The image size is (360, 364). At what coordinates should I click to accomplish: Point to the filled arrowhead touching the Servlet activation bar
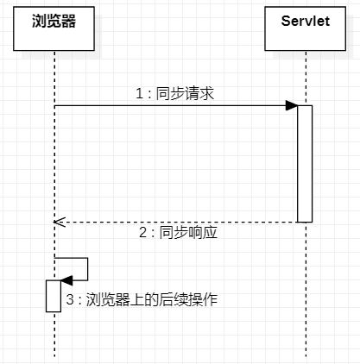[x=292, y=106]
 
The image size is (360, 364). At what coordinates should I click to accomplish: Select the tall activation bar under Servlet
[x=305, y=164]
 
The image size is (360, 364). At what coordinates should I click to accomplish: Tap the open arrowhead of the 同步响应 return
[x=58, y=222]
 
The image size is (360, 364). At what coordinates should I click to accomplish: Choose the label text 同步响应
[x=184, y=234]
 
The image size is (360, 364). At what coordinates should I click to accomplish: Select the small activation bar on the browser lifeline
[x=54, y=295]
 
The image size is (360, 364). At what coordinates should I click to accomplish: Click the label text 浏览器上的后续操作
[x=152, y=300]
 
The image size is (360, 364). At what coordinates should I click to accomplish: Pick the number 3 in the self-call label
[x=71, y=300]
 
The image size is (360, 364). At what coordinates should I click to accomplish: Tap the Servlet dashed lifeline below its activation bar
[x=305, y=293]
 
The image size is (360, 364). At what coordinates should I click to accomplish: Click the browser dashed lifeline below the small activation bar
[x=54, y=336]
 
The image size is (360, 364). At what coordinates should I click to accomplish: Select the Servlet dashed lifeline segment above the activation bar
[x=305, y=78]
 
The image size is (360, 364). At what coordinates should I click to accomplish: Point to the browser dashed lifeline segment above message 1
[x=54, y=78]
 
